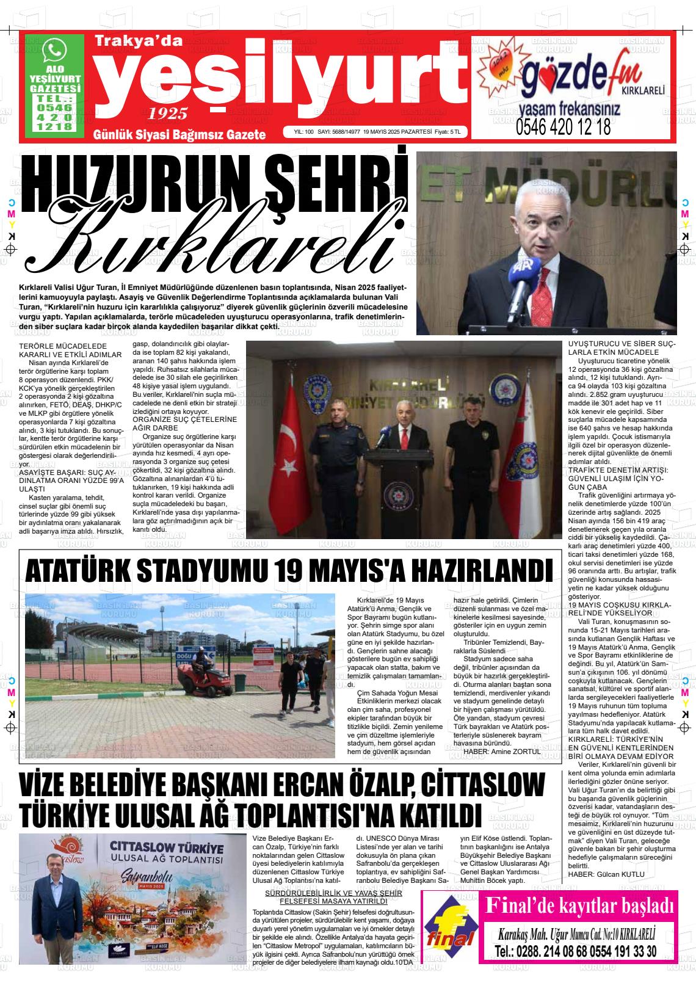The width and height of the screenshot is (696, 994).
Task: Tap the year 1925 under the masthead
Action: (x=167, y=113)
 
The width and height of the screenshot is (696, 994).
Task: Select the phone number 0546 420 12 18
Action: (x=563, y=128)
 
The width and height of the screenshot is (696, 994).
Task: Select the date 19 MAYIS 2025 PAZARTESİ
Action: (x=397, y=132)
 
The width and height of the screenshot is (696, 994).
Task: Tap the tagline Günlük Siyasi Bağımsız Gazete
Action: (x=179, y=134)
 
